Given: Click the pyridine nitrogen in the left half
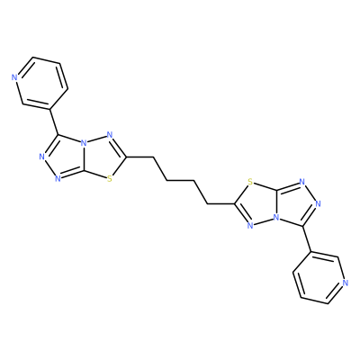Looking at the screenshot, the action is click(x=14, y=77).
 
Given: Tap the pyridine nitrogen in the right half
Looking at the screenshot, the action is click(x=346, y=283).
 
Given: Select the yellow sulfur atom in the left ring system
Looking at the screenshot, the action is click(x=110, y=179).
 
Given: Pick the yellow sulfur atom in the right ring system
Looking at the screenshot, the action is click(x=250, y=181).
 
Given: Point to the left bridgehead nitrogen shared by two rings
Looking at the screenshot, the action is click(x=85, y=143).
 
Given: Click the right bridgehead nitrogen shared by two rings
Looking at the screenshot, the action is click(x=275, y=218).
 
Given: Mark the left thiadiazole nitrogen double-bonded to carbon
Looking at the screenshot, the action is click(x=109, y=135).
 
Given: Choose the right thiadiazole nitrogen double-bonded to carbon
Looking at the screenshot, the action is click(x=251, y=225).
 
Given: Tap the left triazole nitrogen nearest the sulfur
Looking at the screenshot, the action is click(x=58, y=179).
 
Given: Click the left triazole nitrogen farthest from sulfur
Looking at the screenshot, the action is click(x=42, y=157).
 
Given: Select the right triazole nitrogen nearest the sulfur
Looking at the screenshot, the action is click(x=302, y=181).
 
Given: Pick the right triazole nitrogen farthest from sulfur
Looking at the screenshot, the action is click(x=318, y=203).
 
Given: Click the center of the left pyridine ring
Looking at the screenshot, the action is click(x=40, y=83).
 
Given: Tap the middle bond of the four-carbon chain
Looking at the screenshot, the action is click(x=180, y=180).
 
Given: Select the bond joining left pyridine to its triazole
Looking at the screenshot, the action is click(x=55, y=121).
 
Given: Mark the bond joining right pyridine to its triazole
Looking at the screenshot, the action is click(x=305, y=238).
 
